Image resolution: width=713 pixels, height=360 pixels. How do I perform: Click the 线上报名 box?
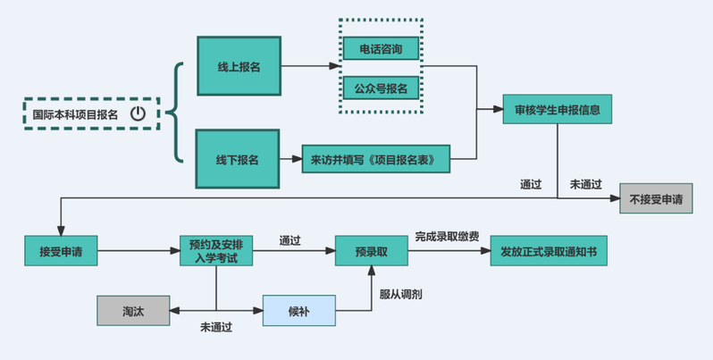(x=239, y=67)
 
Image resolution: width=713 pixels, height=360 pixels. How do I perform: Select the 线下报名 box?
(x=238, y=159)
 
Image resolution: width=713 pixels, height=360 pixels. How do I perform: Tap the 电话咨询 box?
(x=381, y=49)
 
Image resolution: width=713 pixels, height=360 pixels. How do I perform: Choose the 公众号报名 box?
(x=381, y=88)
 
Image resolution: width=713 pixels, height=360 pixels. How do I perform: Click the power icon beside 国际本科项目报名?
(x=138, y=113)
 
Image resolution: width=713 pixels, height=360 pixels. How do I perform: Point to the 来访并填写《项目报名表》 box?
(x=374, y=160)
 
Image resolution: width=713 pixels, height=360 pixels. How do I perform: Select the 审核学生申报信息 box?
(x=557, y=111)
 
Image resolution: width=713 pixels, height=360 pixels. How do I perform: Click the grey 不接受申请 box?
(x=655, y=198)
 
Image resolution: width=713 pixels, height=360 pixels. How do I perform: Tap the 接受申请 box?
(x=61, y=251)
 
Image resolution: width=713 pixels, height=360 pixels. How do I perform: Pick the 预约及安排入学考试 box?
(x=216, y=251)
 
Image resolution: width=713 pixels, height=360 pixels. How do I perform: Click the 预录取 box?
(x=371, y=251)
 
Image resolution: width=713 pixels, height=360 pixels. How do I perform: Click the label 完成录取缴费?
(x=447, y=237)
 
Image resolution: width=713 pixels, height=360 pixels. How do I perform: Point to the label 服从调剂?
(x=400, y=293)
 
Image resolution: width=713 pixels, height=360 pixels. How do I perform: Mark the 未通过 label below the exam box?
(x=216, y=328)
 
